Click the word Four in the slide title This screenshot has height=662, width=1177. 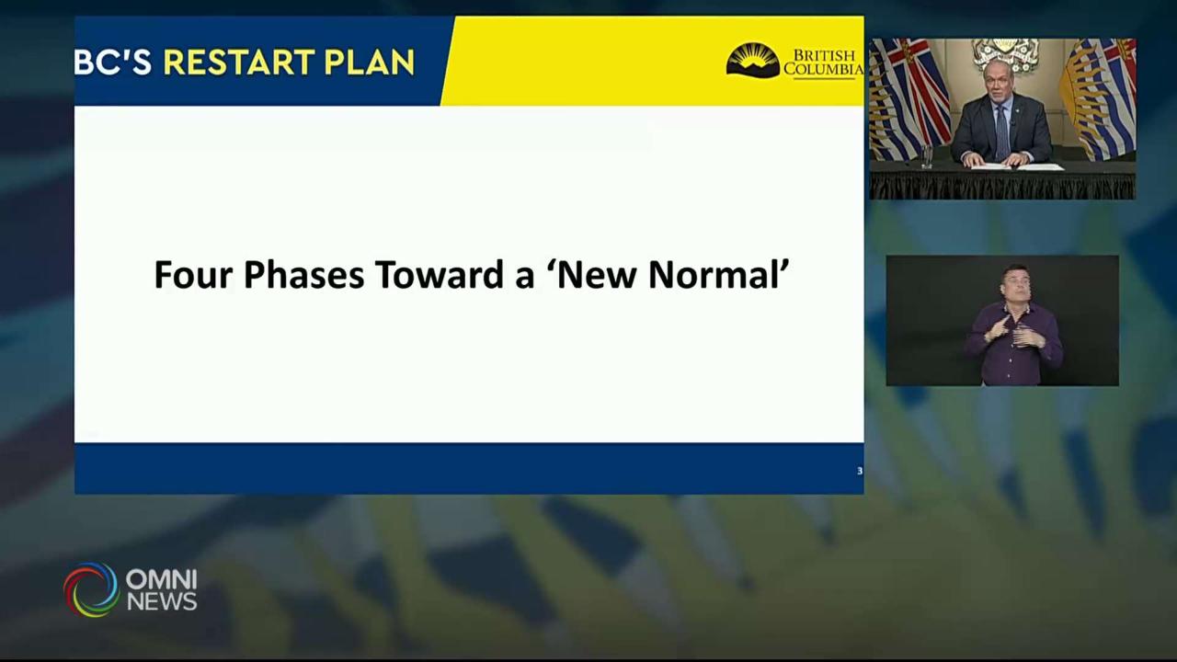192,275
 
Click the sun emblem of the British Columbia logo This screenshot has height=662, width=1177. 752,61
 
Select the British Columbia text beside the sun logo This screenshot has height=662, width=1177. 823,63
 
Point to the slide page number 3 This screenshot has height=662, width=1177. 860,471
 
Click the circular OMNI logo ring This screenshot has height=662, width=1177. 91,589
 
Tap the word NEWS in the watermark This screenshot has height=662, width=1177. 162,602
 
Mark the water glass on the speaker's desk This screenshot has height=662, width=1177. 927,156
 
